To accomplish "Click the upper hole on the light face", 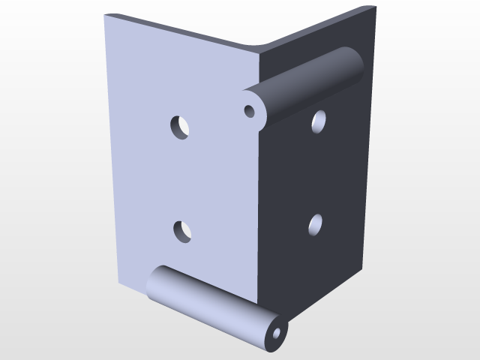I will [179, 126].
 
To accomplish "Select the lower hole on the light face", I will [182, 231].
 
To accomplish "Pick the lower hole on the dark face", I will [315, 223].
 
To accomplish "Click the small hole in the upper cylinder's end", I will [250, 112].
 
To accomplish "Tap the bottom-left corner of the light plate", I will [118, 283].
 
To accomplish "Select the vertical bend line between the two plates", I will [259, 187].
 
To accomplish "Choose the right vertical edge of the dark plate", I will [367, 150].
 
